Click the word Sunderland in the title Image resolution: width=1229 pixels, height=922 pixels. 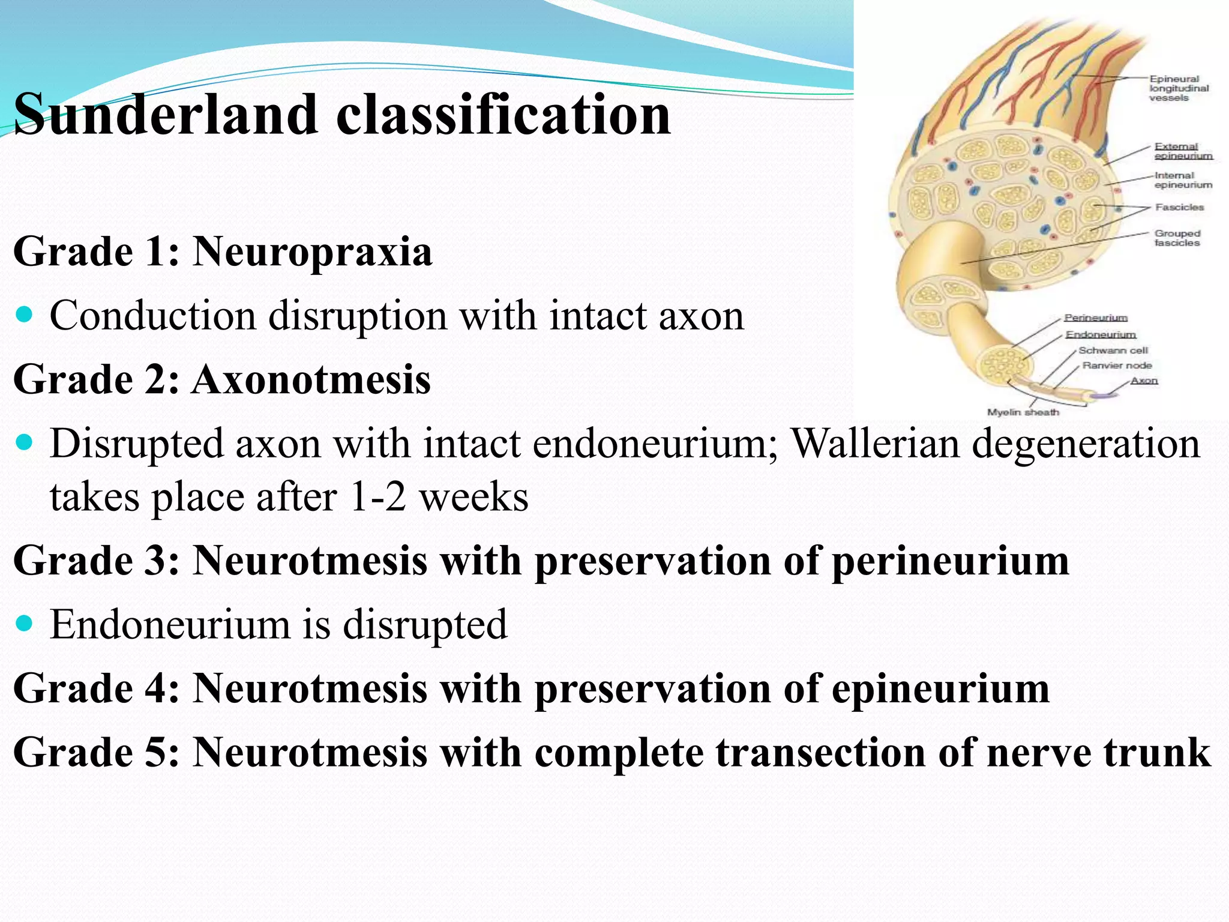tap(166, 114)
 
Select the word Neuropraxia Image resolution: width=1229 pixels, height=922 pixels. tap(312, 251)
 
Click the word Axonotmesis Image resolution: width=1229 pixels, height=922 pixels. tap(311, 379)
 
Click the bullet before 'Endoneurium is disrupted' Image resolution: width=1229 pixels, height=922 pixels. tap(25, 624)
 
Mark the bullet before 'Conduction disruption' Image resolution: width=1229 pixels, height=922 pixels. tap(25, 315)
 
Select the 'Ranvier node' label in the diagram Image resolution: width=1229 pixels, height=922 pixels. tap(1117, 365)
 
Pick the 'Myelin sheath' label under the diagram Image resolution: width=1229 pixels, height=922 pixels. tap(1023, 412)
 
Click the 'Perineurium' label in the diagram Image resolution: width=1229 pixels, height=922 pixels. tap(1096, 318)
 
